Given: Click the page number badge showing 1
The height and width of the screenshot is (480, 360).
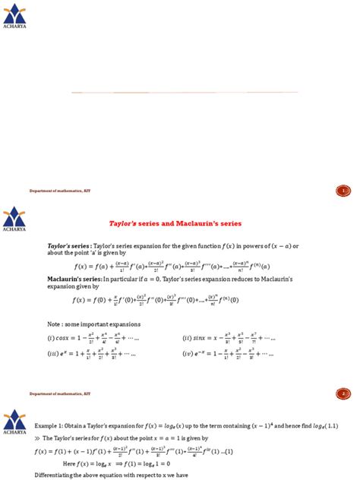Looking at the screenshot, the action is point(343,191).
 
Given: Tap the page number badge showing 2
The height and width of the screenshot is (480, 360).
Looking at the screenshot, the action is point(343,393).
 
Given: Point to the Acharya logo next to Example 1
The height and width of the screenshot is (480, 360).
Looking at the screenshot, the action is point(14,422).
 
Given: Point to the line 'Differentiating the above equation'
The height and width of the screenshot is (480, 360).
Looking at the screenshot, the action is point(94,475).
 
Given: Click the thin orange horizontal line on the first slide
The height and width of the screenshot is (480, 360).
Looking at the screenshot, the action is point(185,92).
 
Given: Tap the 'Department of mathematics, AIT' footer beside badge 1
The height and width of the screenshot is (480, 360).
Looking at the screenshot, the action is point(61,191).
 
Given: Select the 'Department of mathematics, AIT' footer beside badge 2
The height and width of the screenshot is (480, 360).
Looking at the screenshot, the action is point(61,393).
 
